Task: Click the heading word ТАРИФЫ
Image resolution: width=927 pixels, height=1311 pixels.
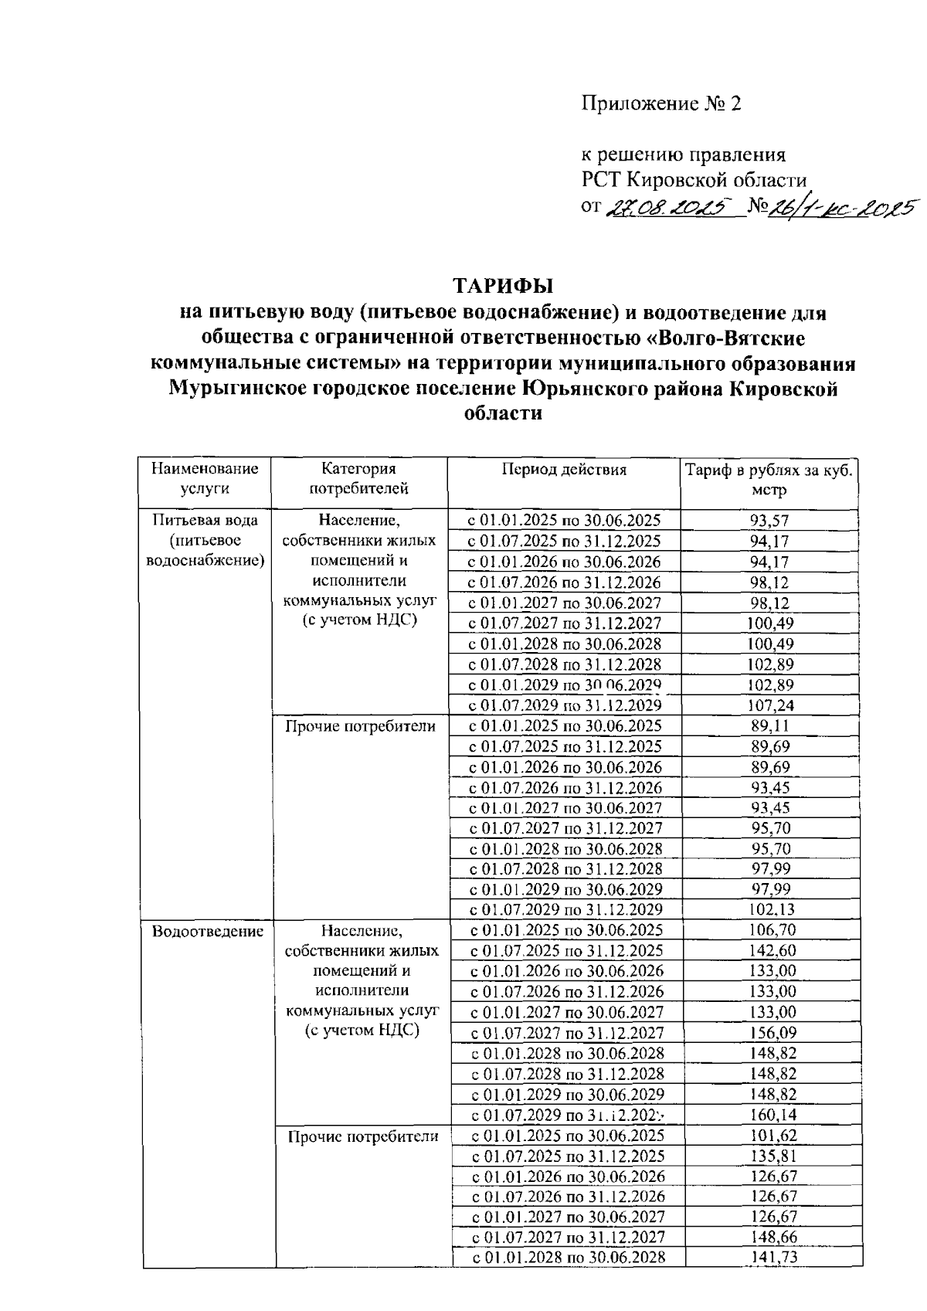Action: [503, 286]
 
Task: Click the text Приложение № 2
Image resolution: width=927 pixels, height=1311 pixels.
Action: [660, 104]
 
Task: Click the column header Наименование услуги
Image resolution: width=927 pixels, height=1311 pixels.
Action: [205, 478]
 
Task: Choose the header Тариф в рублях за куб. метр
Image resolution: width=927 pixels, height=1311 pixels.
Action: [769, 480]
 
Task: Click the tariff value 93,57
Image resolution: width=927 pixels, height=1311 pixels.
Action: [769, 521]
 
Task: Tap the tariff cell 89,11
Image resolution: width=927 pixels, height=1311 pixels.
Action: [769, 726]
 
